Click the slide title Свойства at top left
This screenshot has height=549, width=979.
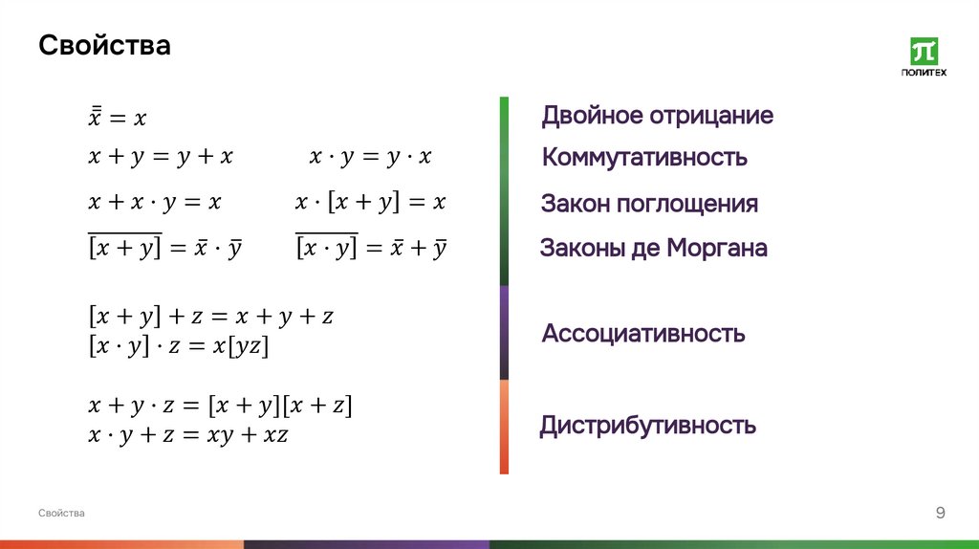click(104, 45)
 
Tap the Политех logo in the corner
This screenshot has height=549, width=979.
click(924, 57)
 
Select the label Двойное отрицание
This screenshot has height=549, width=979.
click(657, 116)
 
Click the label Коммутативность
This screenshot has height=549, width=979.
click(643, 157)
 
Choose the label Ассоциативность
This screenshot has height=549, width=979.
click(642, 334)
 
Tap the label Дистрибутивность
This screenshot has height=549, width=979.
click(647, 425)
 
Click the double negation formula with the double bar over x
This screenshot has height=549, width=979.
click(117, 118)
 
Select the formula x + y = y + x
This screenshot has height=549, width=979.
click(161, 157)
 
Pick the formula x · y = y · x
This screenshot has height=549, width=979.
click(370, 157)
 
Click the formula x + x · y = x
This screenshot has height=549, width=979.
click(155, 203)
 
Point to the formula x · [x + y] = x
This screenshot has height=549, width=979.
click(371, 203)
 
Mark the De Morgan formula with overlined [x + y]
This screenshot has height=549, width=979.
click(164, 248)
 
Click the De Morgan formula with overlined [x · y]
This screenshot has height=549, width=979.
click(371, 248)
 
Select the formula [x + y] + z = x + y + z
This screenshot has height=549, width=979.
click(209, 316)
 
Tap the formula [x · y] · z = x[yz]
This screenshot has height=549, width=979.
click(179, 345)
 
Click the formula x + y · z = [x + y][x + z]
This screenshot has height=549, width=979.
click(220, 406)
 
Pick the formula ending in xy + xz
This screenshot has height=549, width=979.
click(188, 435)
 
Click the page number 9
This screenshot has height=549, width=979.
click(940, 514)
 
